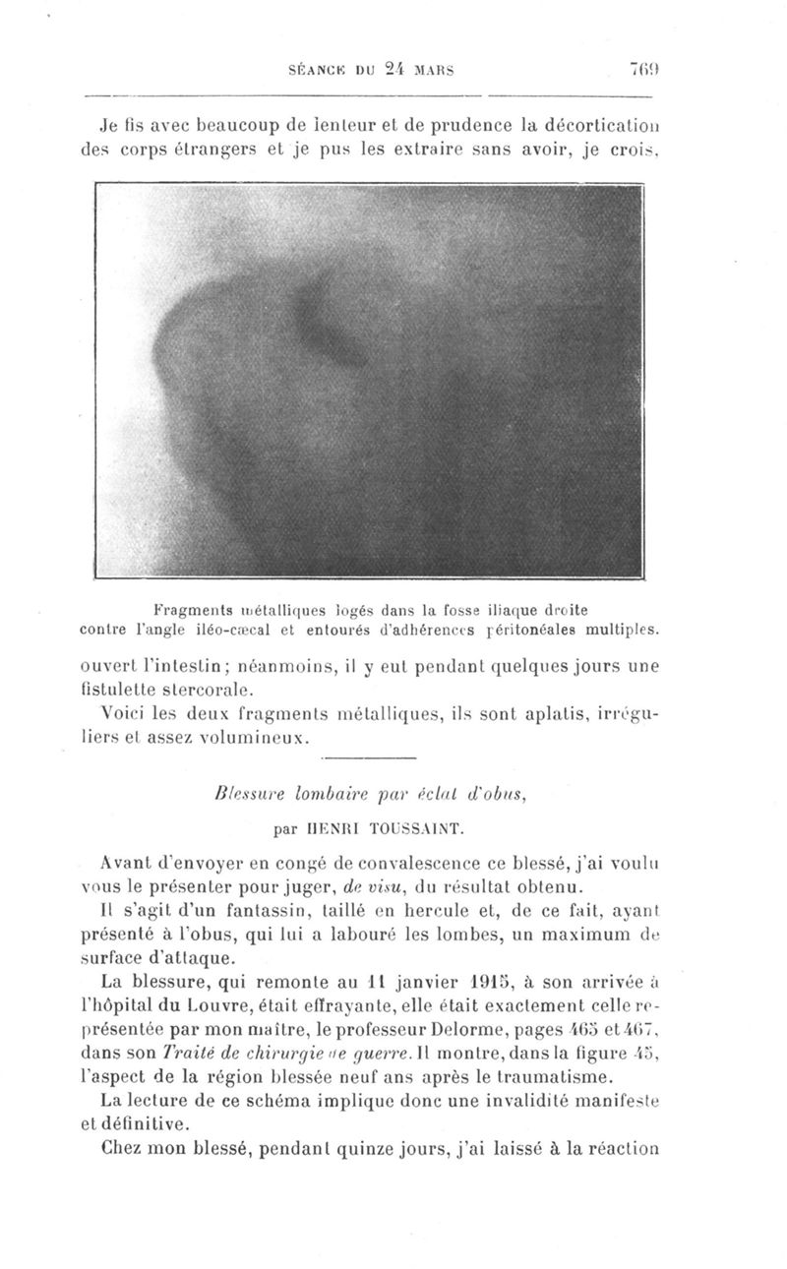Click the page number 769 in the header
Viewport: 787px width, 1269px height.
click(645, 70)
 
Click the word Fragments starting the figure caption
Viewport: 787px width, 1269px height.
click(191, 607)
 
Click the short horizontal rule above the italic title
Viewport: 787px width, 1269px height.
click(371, 757)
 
